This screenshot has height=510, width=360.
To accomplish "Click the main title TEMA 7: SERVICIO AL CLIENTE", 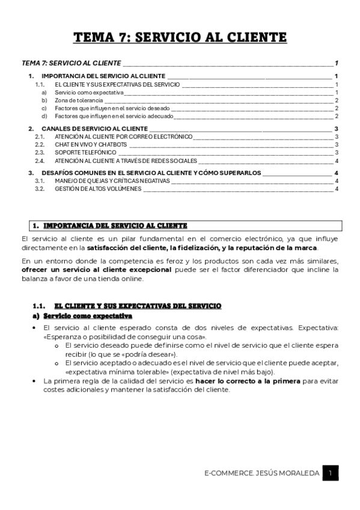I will click(x=180, y=38).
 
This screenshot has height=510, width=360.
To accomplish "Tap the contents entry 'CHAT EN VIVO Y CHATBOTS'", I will click(x=91, y=145).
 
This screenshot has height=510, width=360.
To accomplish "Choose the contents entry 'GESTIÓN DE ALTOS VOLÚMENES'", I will click(x=98, y=189).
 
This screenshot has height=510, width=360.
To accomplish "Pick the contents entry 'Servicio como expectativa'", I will click(x=89, y=93).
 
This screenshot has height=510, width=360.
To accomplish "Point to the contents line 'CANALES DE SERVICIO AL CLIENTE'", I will click(x=95, y=129).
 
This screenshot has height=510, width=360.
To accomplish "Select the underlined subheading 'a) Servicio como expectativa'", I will click(x=88, y=316).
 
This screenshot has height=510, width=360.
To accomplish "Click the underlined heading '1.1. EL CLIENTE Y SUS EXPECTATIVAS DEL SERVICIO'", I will click(x=138, y=306).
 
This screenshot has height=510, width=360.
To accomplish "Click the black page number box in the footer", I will click(x=330, y=473).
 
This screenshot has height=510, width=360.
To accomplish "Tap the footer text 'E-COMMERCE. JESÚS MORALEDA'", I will click(x=261, y=474).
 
